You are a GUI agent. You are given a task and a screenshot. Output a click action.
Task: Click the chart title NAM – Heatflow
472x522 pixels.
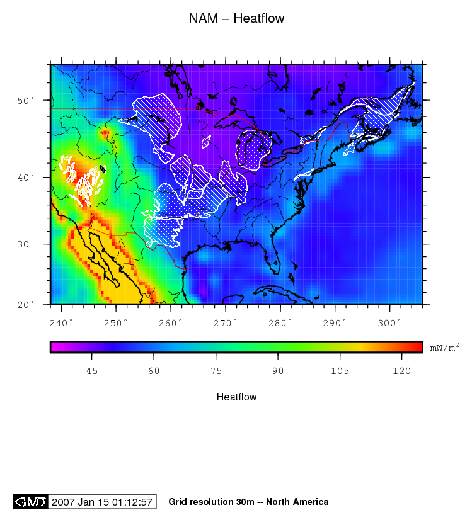pos(236,18)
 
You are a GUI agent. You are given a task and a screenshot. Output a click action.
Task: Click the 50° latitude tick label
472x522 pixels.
pos(29,100)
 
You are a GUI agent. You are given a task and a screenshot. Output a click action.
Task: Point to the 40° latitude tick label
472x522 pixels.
pos(29,178)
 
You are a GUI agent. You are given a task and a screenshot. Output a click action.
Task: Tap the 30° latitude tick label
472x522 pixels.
pos(29,244)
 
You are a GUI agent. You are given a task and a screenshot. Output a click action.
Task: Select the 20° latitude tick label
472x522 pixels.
pos(29,304)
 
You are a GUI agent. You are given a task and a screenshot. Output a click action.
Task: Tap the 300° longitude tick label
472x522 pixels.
pos(390,323)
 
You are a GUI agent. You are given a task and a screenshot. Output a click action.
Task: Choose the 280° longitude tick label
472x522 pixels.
pos(280,323)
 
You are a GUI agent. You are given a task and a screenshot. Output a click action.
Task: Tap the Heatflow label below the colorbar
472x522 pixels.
pos(236,397)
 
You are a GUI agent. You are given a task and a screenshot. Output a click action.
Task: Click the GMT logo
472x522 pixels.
pos(30,502)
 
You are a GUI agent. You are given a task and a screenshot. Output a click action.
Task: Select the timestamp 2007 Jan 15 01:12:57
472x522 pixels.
pos(102,502)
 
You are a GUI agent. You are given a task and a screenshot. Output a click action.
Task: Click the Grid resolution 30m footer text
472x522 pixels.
pos(248,502)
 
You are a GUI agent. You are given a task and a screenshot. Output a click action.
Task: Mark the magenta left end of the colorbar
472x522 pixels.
pos(54,347)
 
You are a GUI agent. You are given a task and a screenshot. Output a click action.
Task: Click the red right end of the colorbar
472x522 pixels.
pos(418,347)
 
